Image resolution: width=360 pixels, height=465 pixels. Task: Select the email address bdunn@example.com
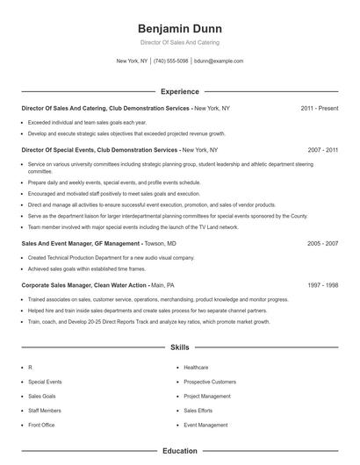[219, 61]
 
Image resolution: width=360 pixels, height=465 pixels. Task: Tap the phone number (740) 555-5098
[170, 61]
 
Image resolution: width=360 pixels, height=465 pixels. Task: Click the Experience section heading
[179, 91]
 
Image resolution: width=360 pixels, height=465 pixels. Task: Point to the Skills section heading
[179, 347]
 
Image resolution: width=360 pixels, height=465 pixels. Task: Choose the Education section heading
[179, 451]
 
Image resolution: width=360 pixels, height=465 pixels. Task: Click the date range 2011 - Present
[319, 108]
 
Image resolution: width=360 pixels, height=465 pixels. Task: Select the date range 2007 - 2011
[322, 150]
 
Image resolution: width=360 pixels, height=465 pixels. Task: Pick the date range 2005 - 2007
[322, 243]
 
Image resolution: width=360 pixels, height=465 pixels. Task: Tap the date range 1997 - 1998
[322, 285]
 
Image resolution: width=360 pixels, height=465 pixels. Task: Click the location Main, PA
[162, 285]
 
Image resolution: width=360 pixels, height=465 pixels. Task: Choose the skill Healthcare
[196, 368]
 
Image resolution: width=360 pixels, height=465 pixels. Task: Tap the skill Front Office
[41, 425]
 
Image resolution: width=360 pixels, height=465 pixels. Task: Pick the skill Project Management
[207, 396]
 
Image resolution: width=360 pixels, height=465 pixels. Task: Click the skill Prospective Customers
[210, 382]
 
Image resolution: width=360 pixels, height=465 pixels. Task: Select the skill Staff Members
[45, 411]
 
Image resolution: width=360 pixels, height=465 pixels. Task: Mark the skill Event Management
[205, 425]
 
